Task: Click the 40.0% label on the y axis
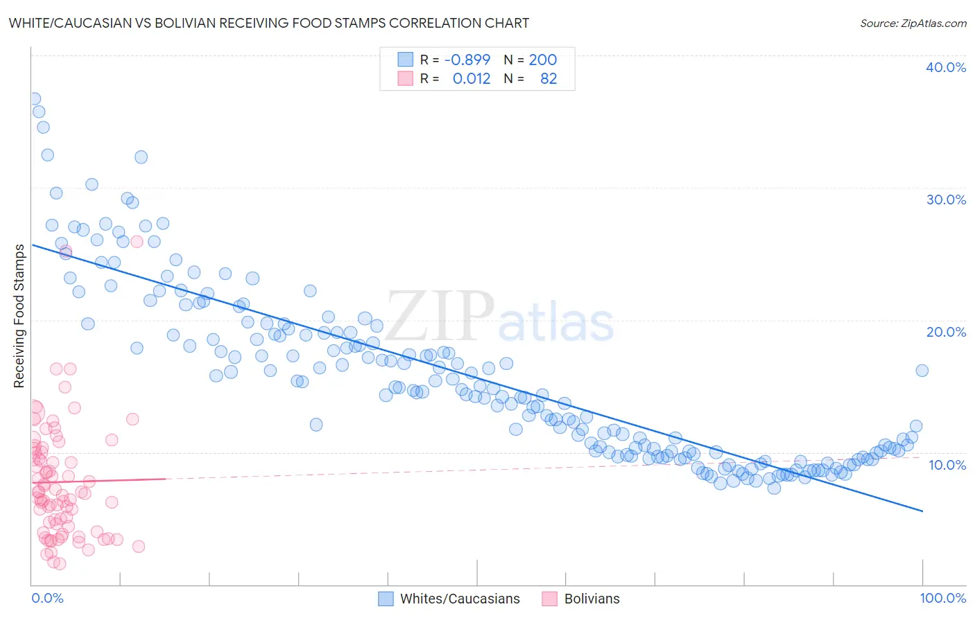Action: (x=945, y=67)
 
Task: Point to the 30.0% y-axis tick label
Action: (x=945, y=200)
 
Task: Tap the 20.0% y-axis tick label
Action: (x=945, y=332)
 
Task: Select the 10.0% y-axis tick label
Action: (x=947, y=465)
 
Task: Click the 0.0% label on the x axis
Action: (x=47, y=598)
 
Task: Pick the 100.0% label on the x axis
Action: (x=942, y=598)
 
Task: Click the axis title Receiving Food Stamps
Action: (x=19, y=316)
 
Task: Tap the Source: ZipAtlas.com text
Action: (x=913, y=23)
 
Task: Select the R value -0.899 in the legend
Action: (x=467, y=60)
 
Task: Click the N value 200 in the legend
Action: (x=542, y=60)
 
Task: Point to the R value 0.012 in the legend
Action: (x=471, y=78)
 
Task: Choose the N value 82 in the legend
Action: (x=548, y=78)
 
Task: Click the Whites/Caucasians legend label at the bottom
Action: (x=460, y=599)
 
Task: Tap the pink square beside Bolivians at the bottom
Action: (x=550, y=599)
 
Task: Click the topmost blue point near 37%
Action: (x=33, y=99)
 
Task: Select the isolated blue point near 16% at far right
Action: (x=922, y=371)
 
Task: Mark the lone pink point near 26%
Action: (x=137, y=241)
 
